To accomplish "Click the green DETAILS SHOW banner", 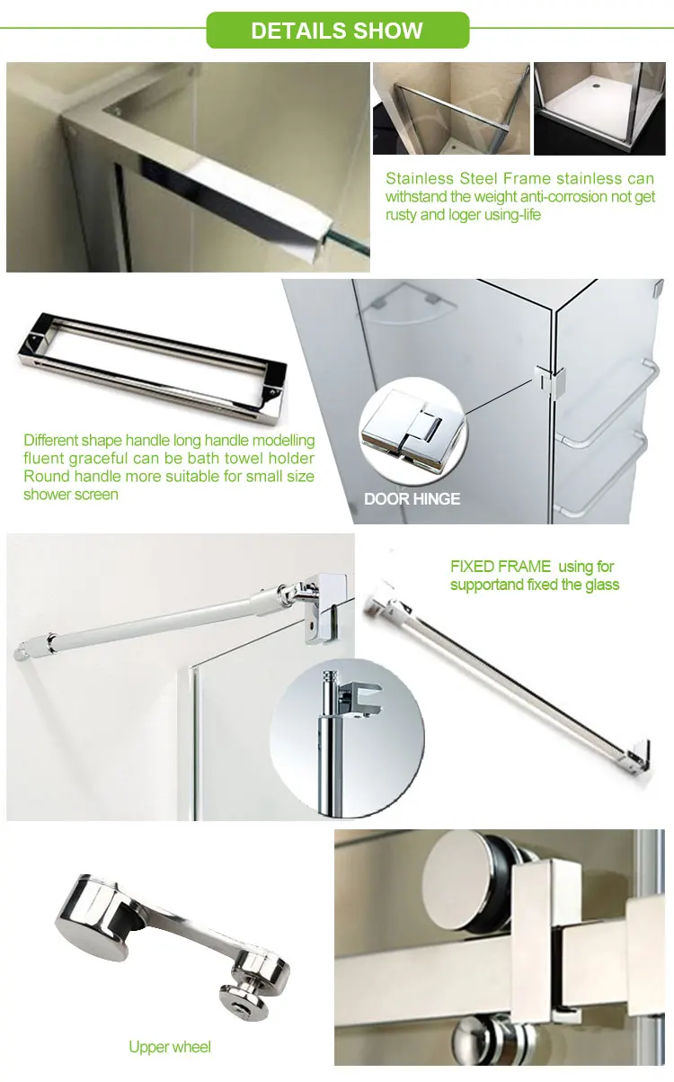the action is pos(337,30).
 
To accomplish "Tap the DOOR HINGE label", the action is pos(412,498).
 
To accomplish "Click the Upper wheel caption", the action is pos(170,1047).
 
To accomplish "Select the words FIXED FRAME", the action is pos(501,566).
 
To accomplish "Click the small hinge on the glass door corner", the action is pos(550,380).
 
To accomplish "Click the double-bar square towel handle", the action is pos(152,367).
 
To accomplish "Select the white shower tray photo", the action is pos(599,109).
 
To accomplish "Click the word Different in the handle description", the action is pos(51,441).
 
